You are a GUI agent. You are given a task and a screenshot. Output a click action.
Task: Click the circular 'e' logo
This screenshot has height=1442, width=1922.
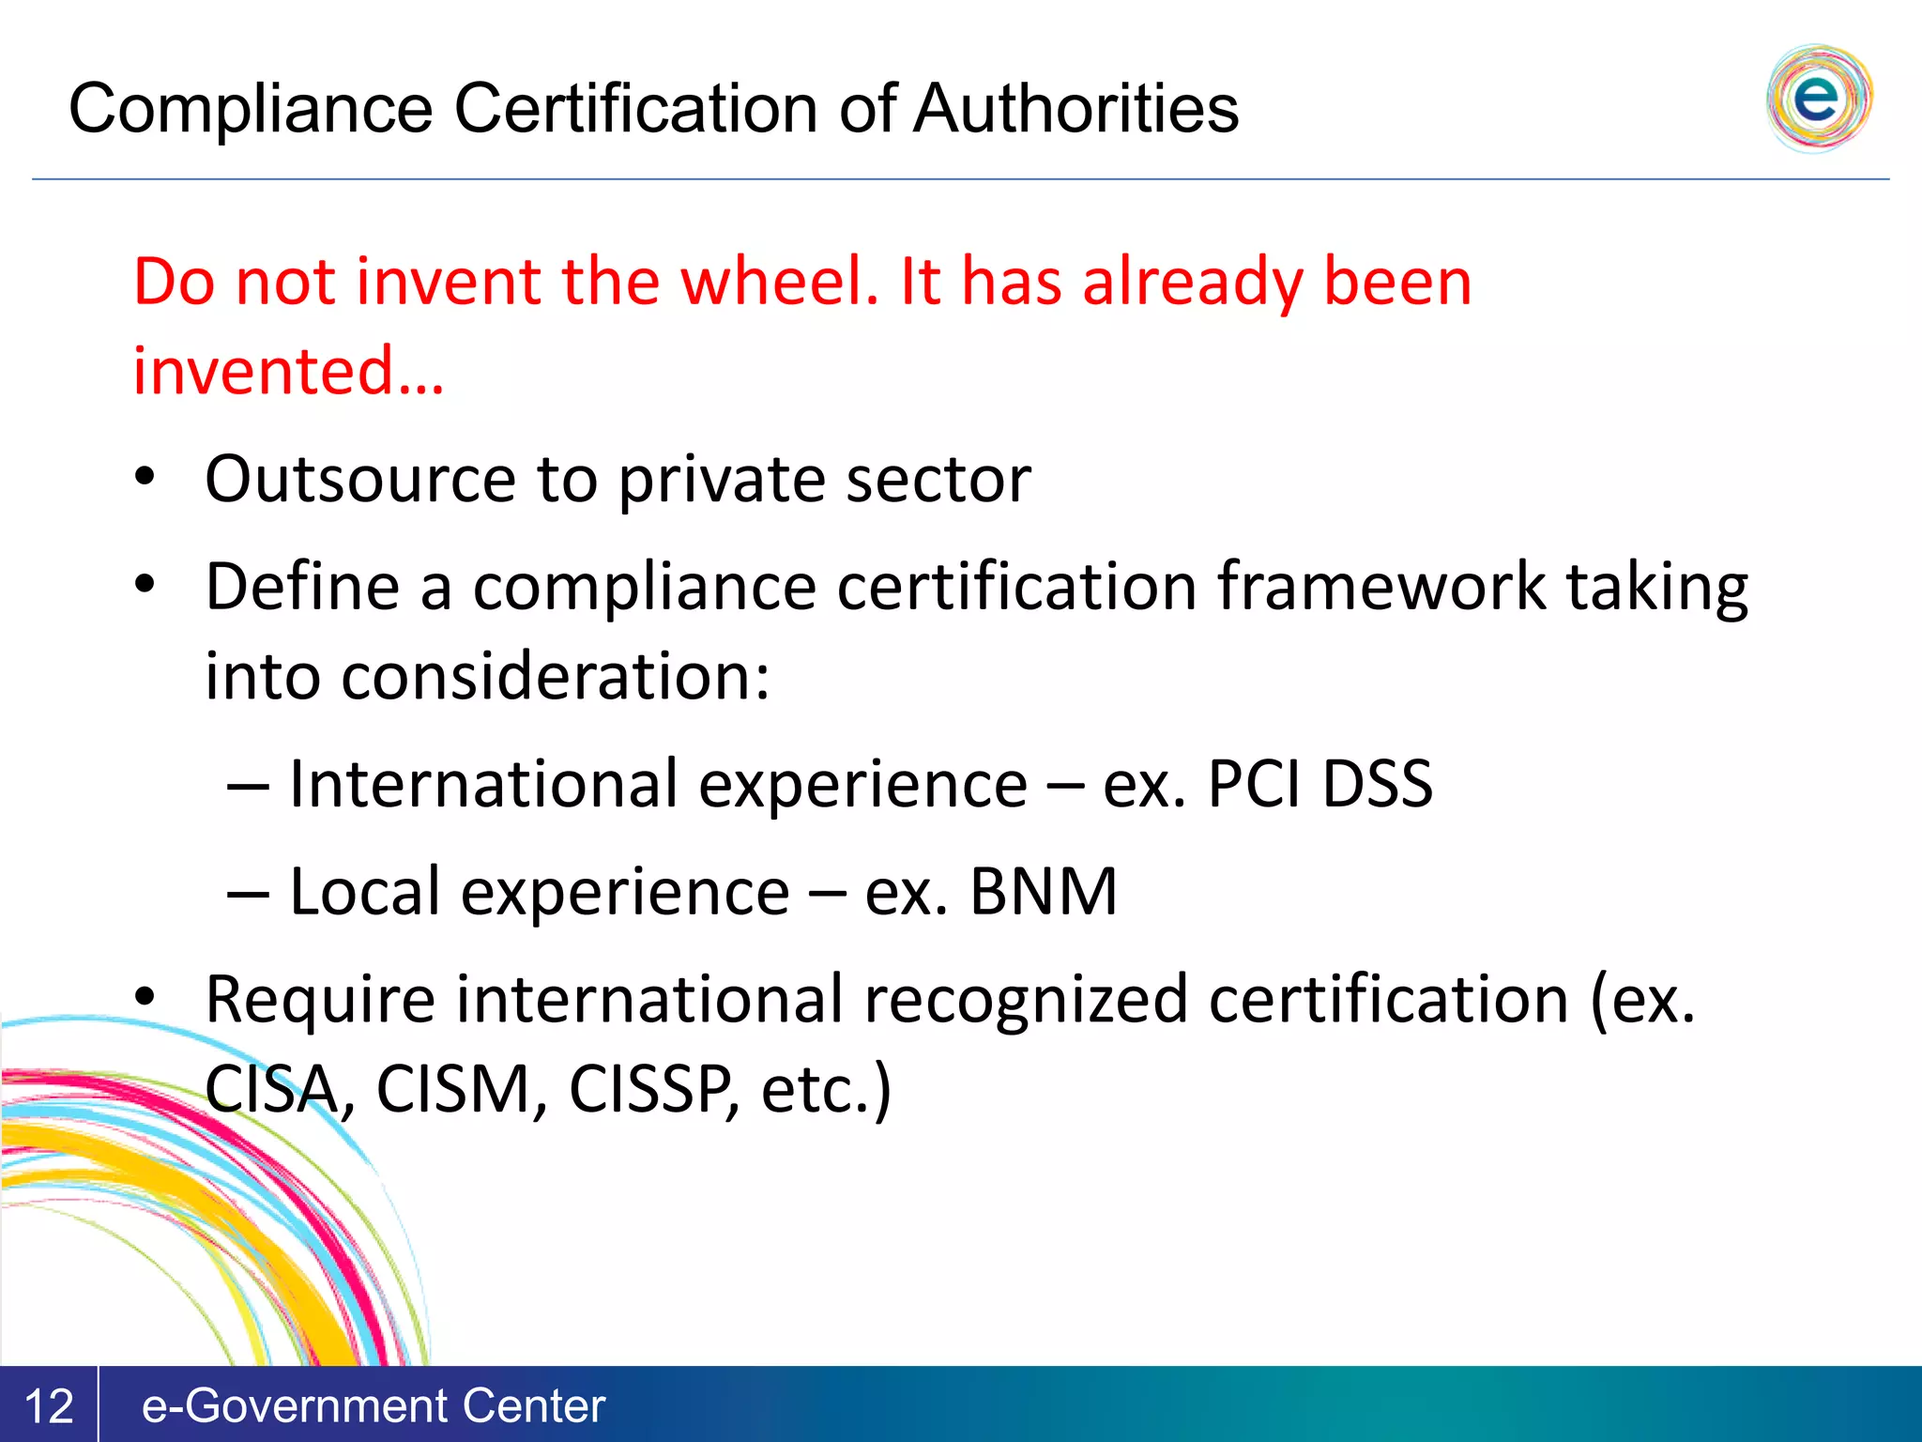pos(1818,98)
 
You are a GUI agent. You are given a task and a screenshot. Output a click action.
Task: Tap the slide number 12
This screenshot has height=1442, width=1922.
pos(48,1406)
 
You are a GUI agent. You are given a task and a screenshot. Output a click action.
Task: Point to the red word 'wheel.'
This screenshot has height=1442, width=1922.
pos(780,282)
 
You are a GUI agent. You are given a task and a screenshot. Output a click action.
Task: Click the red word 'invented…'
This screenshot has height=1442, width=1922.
pos(288,371)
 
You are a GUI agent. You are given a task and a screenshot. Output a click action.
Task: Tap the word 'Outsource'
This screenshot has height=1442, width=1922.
pos(360,479)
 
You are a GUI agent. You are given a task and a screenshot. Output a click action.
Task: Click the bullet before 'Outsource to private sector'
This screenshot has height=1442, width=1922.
pos(145,477)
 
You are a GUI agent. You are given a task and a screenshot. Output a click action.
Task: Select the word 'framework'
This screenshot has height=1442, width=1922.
pos(1381,587)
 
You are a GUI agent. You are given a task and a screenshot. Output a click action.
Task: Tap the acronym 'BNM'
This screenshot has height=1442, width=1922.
pos(1043,892)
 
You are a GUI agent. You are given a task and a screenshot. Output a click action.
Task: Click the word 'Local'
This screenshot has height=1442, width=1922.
pos(364,892)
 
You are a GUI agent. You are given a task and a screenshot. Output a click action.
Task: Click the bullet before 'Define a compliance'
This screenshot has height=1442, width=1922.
pos(145,585)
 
